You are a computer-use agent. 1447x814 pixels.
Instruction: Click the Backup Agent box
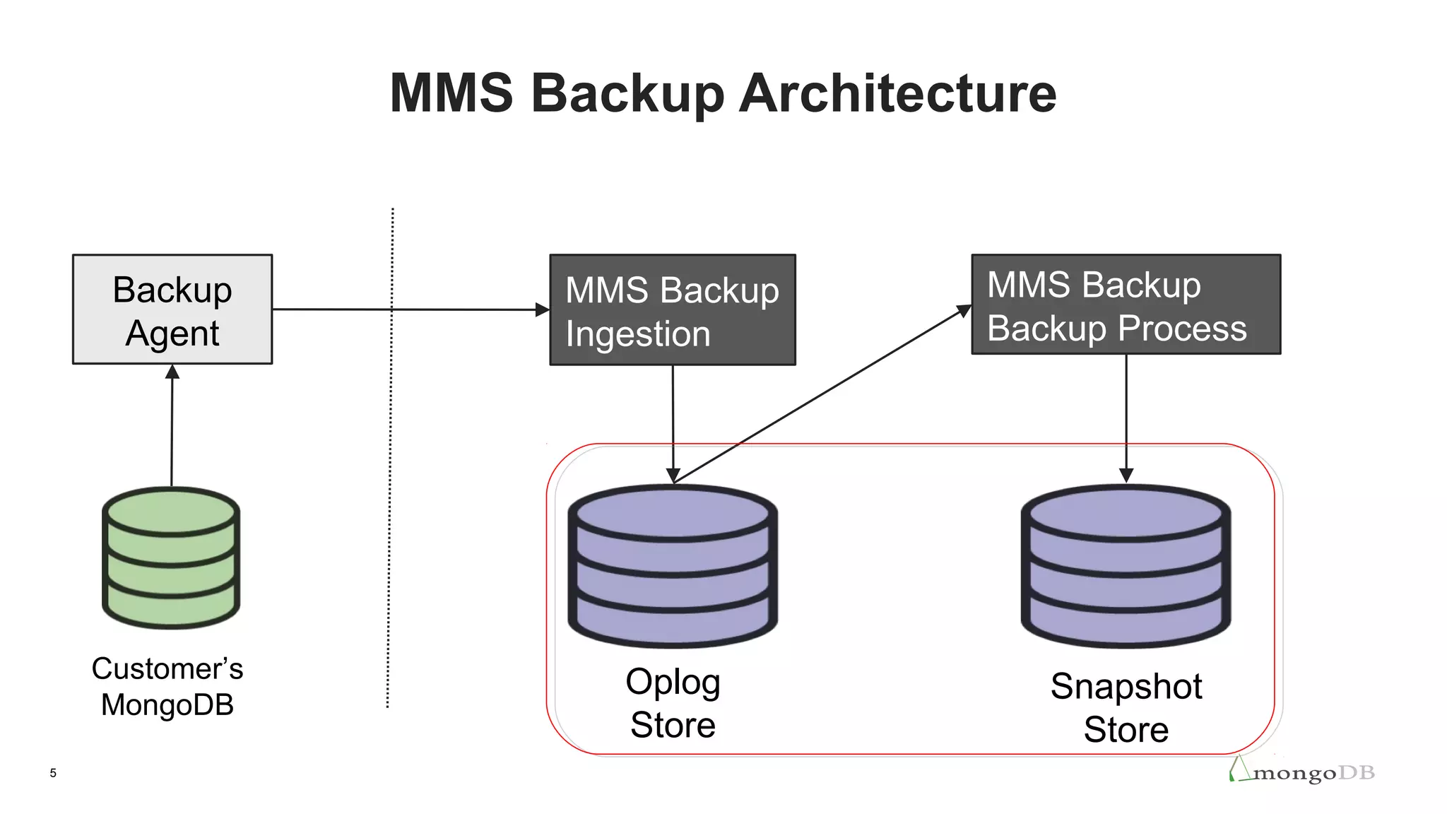point(172,309)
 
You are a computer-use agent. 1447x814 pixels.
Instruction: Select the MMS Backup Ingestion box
point(672,309)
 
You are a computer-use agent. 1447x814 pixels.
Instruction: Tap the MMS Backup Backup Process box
point(1126,305)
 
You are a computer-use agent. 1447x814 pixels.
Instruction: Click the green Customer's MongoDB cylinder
point(171,558)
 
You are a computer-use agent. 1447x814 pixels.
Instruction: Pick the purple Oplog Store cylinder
point(673,565)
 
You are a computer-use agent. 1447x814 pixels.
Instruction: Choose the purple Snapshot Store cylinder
point(1126,565)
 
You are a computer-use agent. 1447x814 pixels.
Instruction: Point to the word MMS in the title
point(451,93)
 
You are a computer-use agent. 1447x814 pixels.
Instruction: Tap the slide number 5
point(53,773)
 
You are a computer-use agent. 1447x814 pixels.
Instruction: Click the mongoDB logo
point(1304,772)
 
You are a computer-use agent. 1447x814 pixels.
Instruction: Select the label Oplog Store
point(673,704)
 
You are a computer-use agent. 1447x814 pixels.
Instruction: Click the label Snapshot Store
point(1126,708)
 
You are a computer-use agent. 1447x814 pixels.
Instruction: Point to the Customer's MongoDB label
point(167,687)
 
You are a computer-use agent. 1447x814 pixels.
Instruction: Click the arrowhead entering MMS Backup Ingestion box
point(543,309)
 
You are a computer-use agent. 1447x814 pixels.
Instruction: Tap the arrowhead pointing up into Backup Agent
point(172,372)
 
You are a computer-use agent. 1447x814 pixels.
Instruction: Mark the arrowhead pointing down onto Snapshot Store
point(1126,476)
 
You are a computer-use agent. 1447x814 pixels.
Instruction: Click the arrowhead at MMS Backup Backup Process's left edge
point(964,311)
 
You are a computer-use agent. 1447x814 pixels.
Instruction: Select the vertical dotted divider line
point(390,459)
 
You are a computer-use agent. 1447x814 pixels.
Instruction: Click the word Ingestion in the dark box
point(637,334)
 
